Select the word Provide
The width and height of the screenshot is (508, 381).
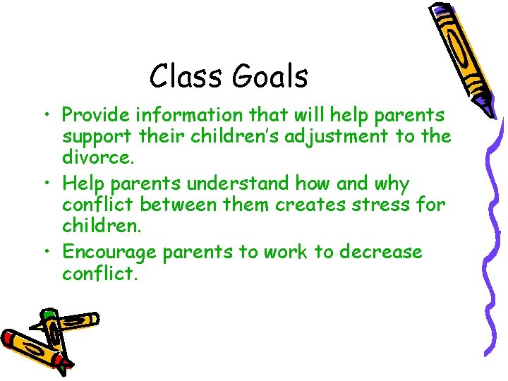point(95,115)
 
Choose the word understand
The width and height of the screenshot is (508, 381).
point(227,184)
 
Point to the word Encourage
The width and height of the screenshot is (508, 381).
point(109,253)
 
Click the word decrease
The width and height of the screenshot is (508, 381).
point(381,253)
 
